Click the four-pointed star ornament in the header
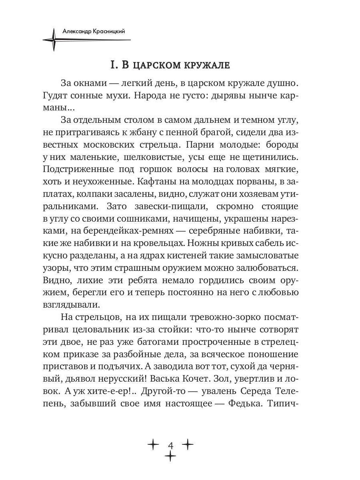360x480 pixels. coord(53,40)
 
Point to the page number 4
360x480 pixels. coord(171,445)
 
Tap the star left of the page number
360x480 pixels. coord(153,444)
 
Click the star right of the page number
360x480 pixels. coord(188,444)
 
